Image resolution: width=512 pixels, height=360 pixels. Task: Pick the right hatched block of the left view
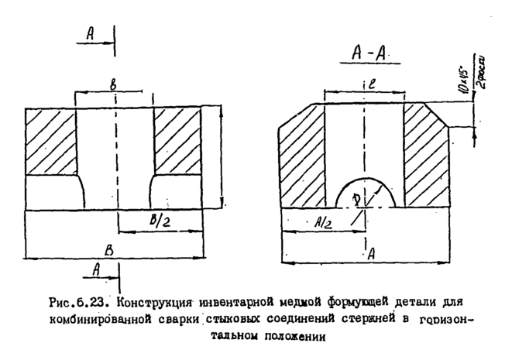[177, 140]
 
